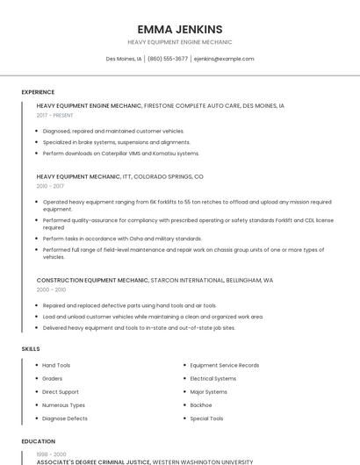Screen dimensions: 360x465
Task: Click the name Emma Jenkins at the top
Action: point(180,29)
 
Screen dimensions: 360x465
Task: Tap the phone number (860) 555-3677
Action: point(168,59)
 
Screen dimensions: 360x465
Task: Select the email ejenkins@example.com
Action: point(224,59)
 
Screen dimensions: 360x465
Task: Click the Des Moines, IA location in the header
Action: point(124,59)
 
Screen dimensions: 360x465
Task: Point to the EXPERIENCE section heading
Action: point(38,92)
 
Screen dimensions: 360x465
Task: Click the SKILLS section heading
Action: point(30,349)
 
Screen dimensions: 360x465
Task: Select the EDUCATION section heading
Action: point(37,441)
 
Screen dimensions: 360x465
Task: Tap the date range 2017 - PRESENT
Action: point(54,115)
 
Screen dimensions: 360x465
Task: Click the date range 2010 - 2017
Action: point(50,186)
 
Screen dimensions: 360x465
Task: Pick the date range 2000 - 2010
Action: point(51,289)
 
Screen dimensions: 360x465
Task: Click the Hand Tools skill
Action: point(56,365)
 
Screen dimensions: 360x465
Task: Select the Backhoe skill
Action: point(202,405)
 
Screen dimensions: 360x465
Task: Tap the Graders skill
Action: point(52,378)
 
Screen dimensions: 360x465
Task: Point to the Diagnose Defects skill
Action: point(63,418)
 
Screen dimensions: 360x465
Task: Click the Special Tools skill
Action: point(206,418)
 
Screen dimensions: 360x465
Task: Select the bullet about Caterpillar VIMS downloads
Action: point(120,154)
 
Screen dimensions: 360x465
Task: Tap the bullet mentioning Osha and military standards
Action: point(122,239)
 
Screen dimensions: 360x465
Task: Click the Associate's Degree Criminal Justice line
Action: point(93,461)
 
